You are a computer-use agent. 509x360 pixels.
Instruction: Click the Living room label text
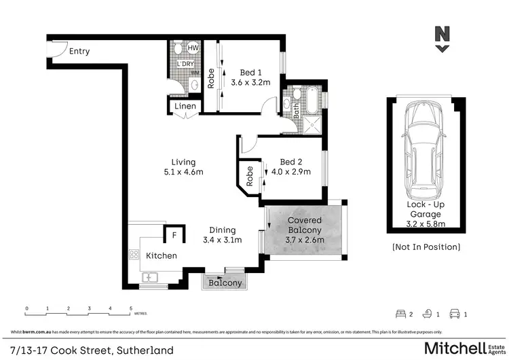183,162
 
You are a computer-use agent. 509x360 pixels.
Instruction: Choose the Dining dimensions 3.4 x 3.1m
222,240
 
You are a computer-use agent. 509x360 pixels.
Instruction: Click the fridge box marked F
174,236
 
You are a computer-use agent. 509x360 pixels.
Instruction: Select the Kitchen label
162,256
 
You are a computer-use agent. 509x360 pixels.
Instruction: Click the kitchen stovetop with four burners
134,255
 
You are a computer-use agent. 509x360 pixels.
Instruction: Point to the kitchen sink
149,277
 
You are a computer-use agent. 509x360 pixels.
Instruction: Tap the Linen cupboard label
185,107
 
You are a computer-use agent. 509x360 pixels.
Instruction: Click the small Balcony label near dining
225,283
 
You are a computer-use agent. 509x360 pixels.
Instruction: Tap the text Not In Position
426,247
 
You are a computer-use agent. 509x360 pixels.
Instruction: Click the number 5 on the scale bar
130,308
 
